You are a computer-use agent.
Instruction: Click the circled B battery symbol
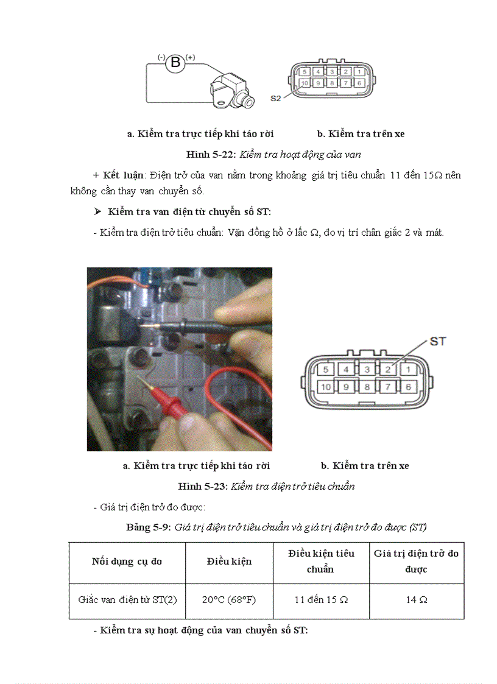point(175,62)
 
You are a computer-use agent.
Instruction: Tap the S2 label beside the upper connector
point(276,97)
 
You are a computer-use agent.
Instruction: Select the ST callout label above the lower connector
point(438,341)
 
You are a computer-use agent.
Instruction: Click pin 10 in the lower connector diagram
point(326,387)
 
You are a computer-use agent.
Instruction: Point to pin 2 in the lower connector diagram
point(387,369)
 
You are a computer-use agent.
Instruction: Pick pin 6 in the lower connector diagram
point(408,387)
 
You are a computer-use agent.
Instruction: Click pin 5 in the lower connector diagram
point(326,369)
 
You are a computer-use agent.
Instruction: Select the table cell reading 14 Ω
point(417,599)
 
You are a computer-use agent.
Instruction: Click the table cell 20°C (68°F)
point(229,599)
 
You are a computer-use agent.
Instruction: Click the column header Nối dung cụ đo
point(127,561)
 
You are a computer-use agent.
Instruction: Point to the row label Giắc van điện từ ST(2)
point(127,599)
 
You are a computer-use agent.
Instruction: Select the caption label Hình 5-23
point(202,486)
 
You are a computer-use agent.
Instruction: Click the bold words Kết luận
point(124,175)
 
